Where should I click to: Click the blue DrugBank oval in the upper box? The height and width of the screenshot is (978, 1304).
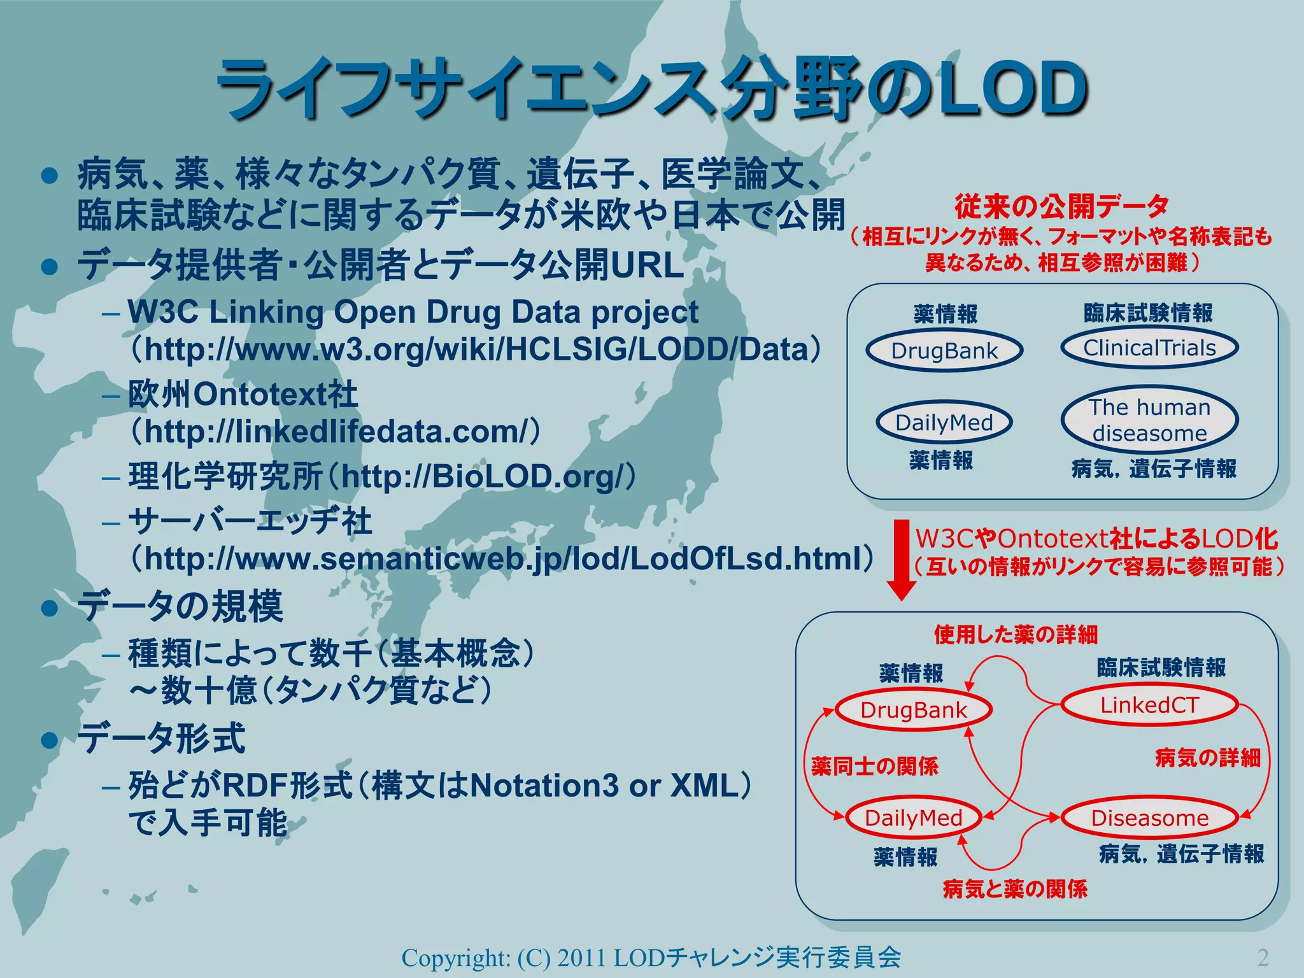pos(944,350)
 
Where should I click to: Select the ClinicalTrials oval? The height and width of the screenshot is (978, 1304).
pos(1149,348)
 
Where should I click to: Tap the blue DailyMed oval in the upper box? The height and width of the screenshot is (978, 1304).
pos(944,422)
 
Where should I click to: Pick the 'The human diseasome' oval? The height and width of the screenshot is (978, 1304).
pos(1149,420)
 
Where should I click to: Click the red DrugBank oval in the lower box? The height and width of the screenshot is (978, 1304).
pos(913,710)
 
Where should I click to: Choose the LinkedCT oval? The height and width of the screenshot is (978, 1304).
pos(1149,705)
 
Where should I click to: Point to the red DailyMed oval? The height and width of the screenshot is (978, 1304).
pos(913,818)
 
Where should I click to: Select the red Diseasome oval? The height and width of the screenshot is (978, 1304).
pos(1149,818)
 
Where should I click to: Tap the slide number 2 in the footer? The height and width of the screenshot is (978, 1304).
pos(1263,957)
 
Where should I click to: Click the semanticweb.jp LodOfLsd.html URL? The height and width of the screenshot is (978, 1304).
pos(502,559)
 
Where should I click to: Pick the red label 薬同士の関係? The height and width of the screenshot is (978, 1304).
pos(875,766)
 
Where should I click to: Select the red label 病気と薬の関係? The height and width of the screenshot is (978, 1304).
pos(1015,889)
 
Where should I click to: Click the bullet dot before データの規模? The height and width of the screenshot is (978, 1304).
pos(50,608)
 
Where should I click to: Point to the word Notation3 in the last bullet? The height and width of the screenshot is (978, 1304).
pos(544,786)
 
